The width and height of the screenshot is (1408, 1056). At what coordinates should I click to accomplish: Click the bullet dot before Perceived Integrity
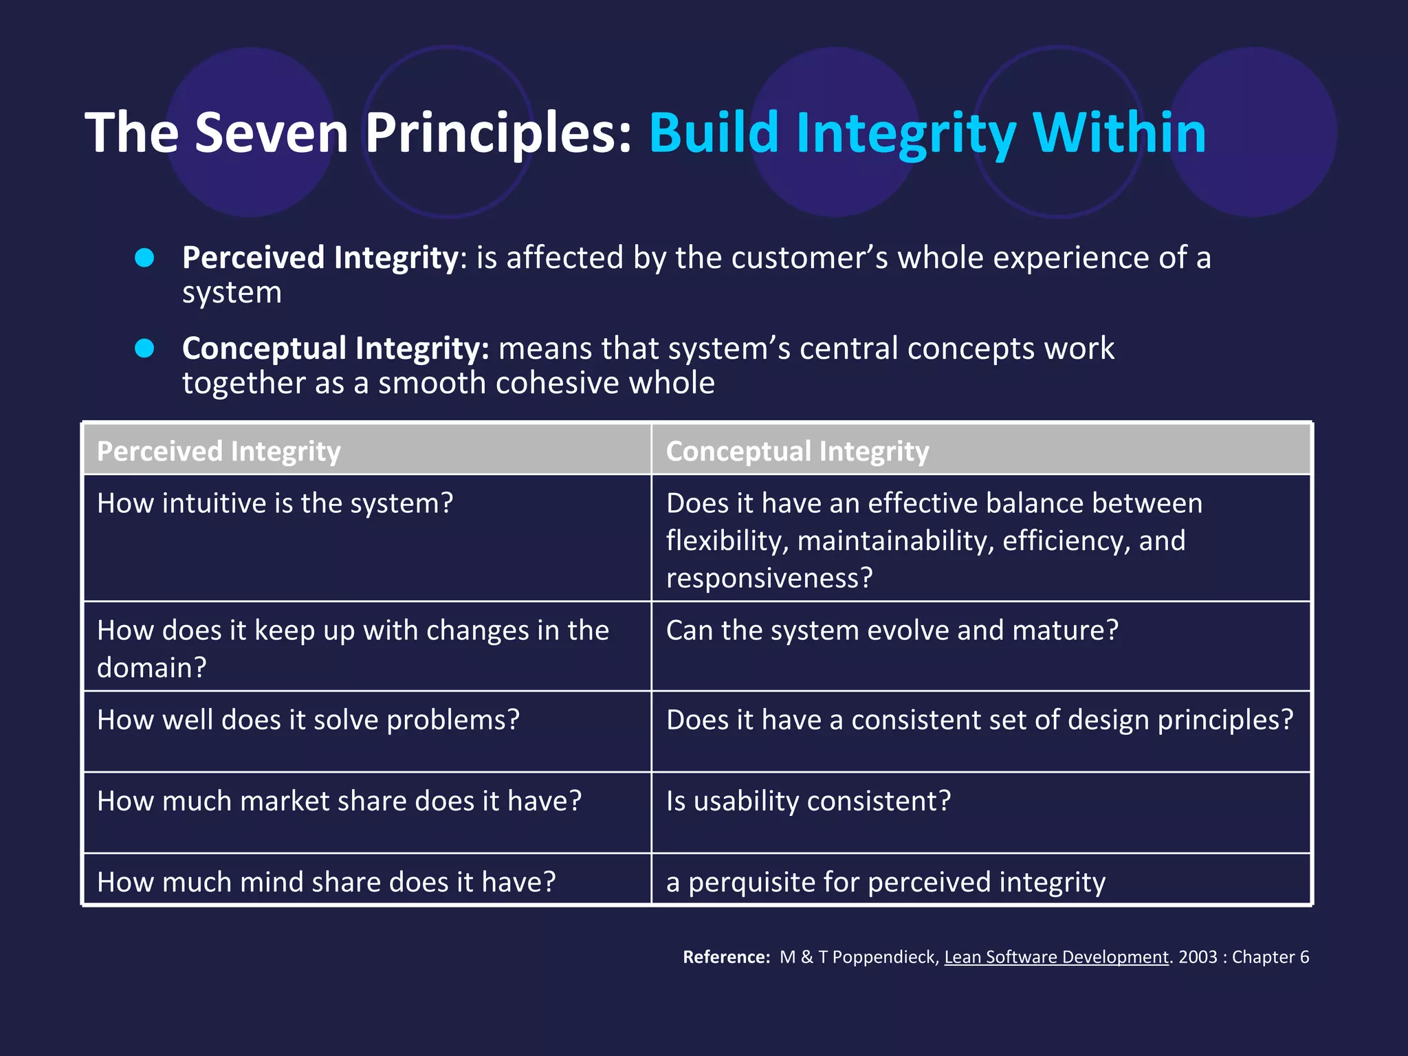[x=144, y=258]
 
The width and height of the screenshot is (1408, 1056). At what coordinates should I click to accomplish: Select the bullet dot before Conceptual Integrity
[x=144, y=349]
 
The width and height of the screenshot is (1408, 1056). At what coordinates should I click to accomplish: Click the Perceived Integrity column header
[x=219, y=452]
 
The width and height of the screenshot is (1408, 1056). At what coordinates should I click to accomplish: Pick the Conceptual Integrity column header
[x=797, y=452]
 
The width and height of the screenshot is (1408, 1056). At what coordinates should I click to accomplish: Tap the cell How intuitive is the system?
[x=275, y=503]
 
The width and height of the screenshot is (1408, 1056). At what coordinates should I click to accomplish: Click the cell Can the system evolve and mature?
[x=892, y=630]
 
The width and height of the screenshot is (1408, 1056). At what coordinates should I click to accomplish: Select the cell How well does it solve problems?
[x=308, y=720]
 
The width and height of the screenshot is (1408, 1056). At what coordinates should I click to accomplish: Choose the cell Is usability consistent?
[x=808, y=801]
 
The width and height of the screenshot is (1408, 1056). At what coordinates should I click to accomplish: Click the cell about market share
[x=339, y=801]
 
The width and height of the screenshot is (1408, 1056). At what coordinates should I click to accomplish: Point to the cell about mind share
[x=326, y=882]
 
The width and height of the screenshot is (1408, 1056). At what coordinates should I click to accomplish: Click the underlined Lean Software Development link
[x=1056, y=957]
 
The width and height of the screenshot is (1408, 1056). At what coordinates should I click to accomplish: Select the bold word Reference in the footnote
[x=725, y=957]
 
